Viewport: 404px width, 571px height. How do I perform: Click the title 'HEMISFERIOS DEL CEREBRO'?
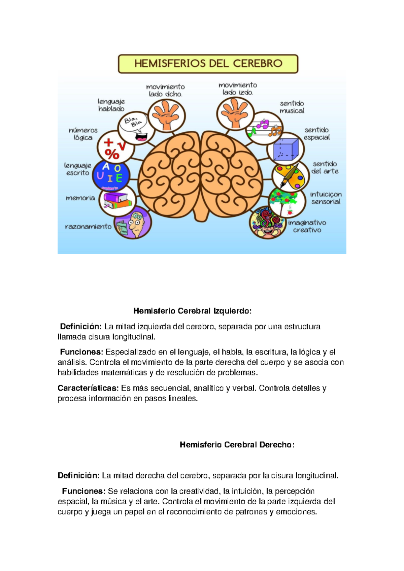208,64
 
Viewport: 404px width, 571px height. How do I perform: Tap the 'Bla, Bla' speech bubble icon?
135,127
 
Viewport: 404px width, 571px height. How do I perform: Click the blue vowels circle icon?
111,175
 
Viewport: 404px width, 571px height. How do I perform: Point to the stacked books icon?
117,201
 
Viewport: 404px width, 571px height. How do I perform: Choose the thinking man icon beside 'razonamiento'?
133,223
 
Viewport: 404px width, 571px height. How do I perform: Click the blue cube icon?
286,149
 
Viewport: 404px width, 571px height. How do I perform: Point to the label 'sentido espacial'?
316,134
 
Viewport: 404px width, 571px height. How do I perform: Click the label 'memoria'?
80,198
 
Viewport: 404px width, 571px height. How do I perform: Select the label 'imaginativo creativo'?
307,226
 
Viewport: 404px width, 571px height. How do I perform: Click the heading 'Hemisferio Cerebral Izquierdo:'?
192,311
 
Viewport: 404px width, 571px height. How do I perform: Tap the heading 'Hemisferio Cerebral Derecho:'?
237,445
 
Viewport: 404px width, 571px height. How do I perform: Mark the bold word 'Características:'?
88,388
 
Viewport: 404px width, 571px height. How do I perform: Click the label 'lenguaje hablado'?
111,105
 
